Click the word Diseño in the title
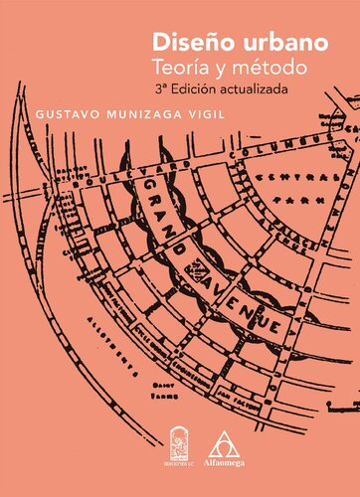coord(184,44)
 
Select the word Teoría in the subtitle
coord(181,70)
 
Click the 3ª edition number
coord(161,90)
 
